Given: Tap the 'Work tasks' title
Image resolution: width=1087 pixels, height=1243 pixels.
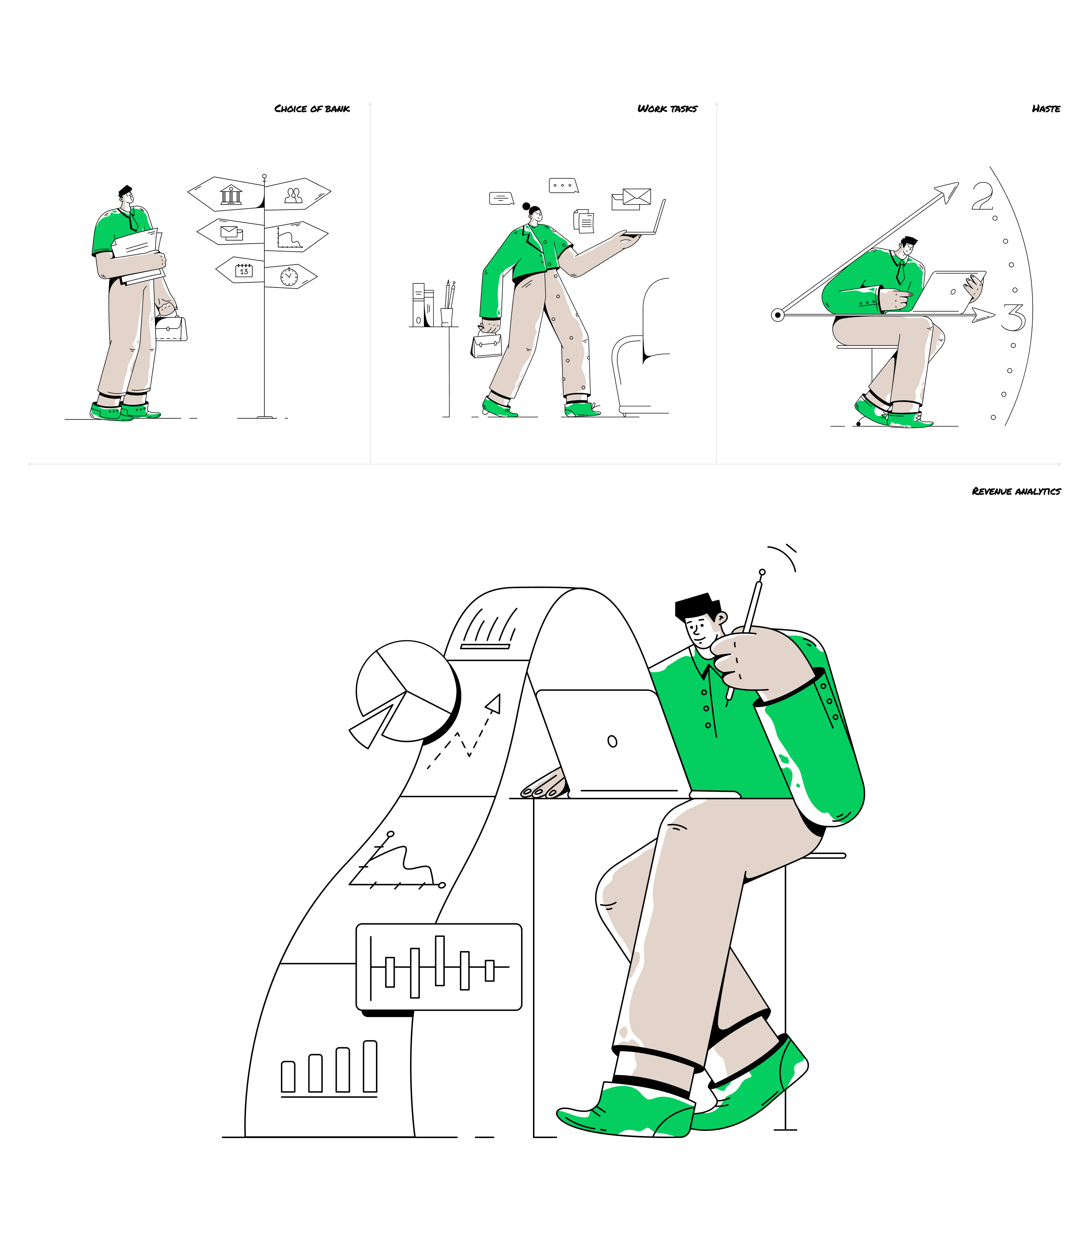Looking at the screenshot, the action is tap(667, 109).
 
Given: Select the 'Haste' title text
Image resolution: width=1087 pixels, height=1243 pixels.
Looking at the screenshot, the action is tap(1046, 109).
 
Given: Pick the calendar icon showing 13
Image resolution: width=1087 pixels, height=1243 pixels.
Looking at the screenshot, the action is tap(244, 270).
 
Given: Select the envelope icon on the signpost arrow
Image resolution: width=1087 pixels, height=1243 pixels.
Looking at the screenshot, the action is tap(231, 233).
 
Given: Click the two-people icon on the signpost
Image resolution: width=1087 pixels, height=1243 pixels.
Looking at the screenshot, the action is tap(293, 195).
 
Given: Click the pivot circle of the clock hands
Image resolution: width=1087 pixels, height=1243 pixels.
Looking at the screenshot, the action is tap(778, 315).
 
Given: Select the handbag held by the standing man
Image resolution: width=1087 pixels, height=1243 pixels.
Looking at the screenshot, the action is tap(171, 328).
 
